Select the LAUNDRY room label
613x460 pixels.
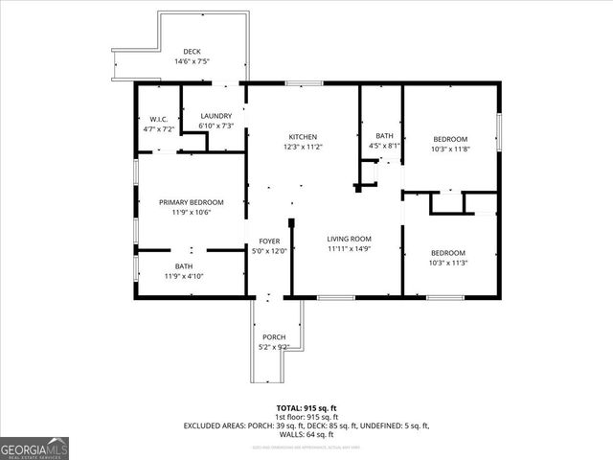216,117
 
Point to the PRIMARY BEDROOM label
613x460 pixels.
191,202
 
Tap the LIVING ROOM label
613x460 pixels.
350,239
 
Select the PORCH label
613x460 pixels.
274,337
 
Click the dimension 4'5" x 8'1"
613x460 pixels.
384,147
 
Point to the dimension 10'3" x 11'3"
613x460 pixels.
447,263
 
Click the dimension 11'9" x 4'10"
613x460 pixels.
183,276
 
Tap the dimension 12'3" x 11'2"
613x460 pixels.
303,147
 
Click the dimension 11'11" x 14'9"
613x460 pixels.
350,248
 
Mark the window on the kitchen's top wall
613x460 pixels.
304,83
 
